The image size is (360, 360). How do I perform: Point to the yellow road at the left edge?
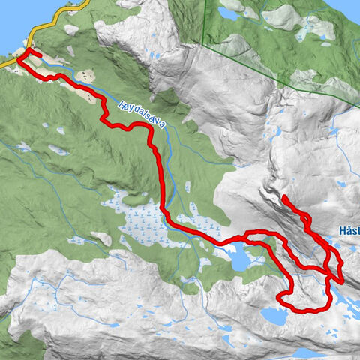click(2, 66)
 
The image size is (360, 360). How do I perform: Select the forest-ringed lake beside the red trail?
click(238, 259)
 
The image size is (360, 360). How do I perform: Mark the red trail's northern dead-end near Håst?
click(285, 198)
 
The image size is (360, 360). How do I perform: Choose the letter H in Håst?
click(342, 230)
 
